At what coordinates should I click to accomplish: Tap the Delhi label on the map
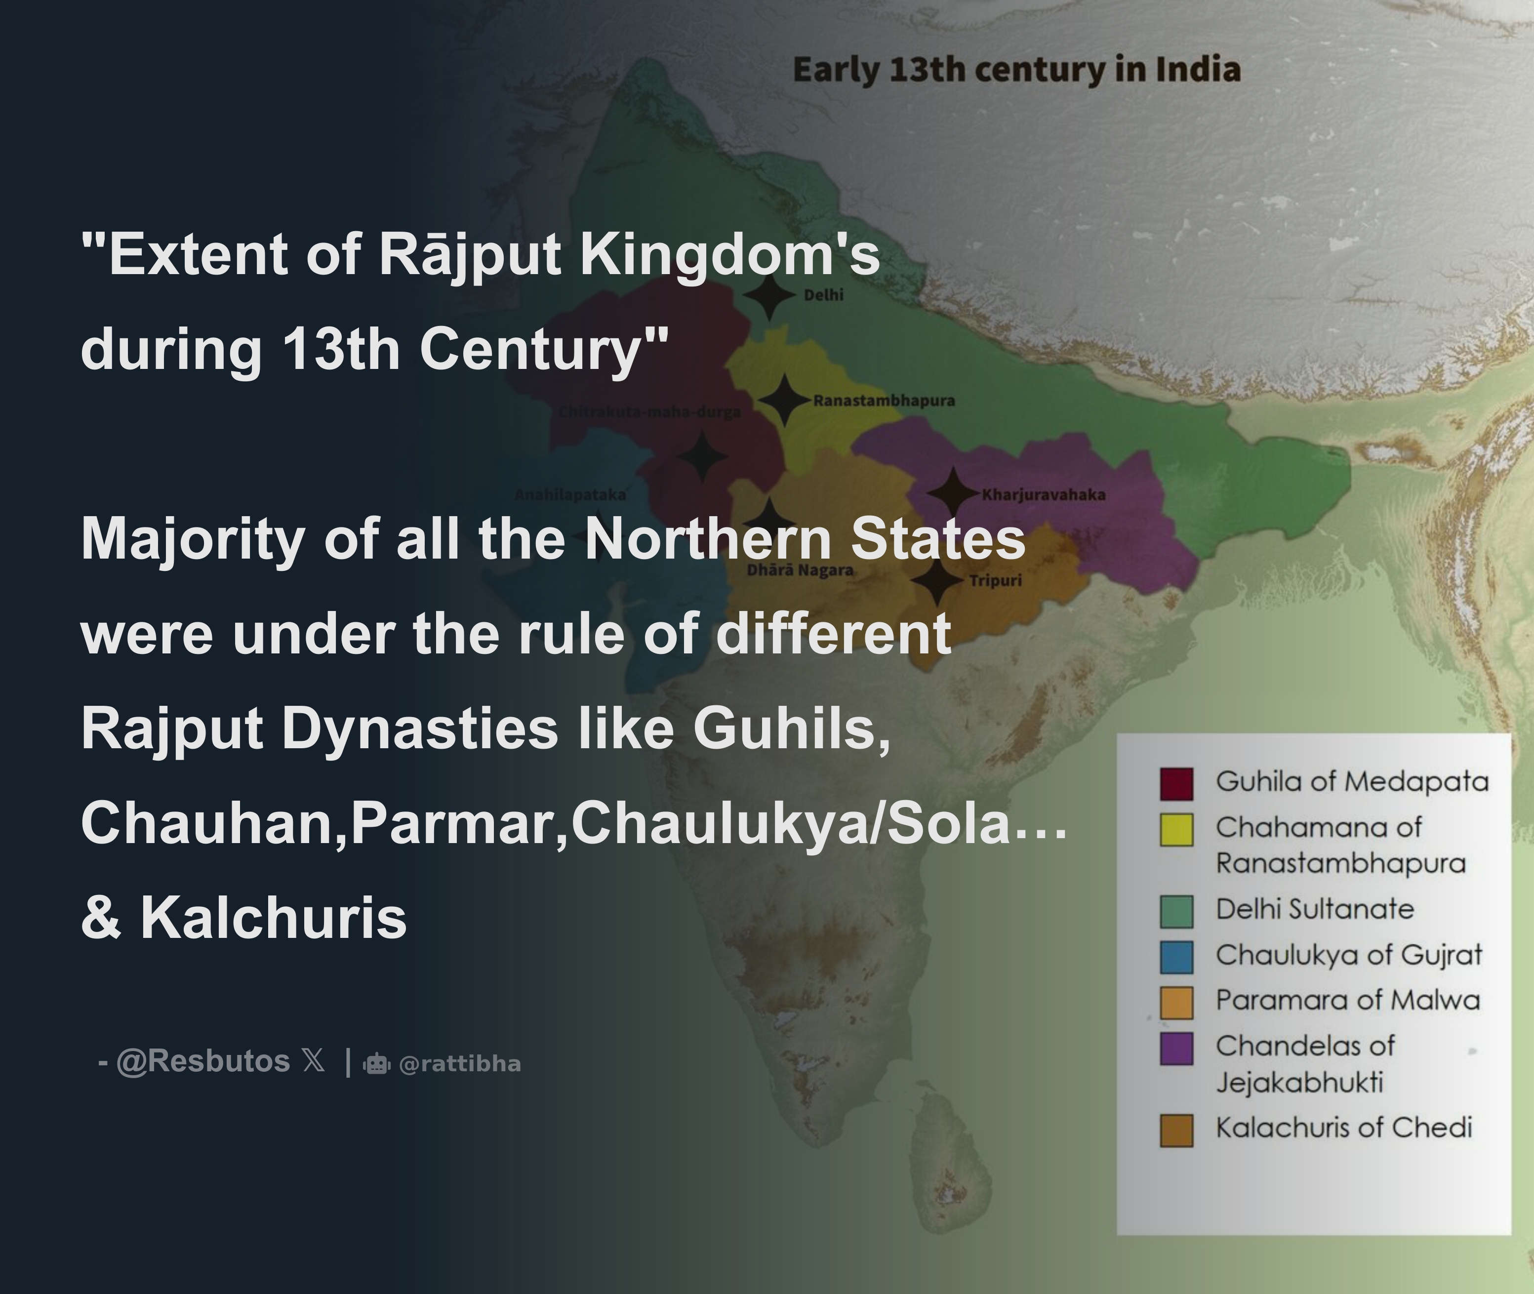(x=823, y=295)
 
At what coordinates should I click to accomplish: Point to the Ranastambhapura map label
(x=884, y=401)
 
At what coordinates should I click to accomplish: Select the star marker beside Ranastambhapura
(x=783, y=400)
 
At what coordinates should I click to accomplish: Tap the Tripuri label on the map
(x=996, y=581)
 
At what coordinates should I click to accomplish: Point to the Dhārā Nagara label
(x=800, y=570)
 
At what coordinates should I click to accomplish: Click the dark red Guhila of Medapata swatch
(x=1176, y=783)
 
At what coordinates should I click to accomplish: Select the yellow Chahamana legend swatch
(x=1176, y=830)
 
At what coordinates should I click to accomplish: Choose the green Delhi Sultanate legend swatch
(x=1176, y=911)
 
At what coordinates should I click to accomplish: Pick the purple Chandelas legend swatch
(x=1176, y=1048)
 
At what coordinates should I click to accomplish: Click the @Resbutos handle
(x=203, y=1061)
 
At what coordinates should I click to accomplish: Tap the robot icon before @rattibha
(x=376, y=1064)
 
